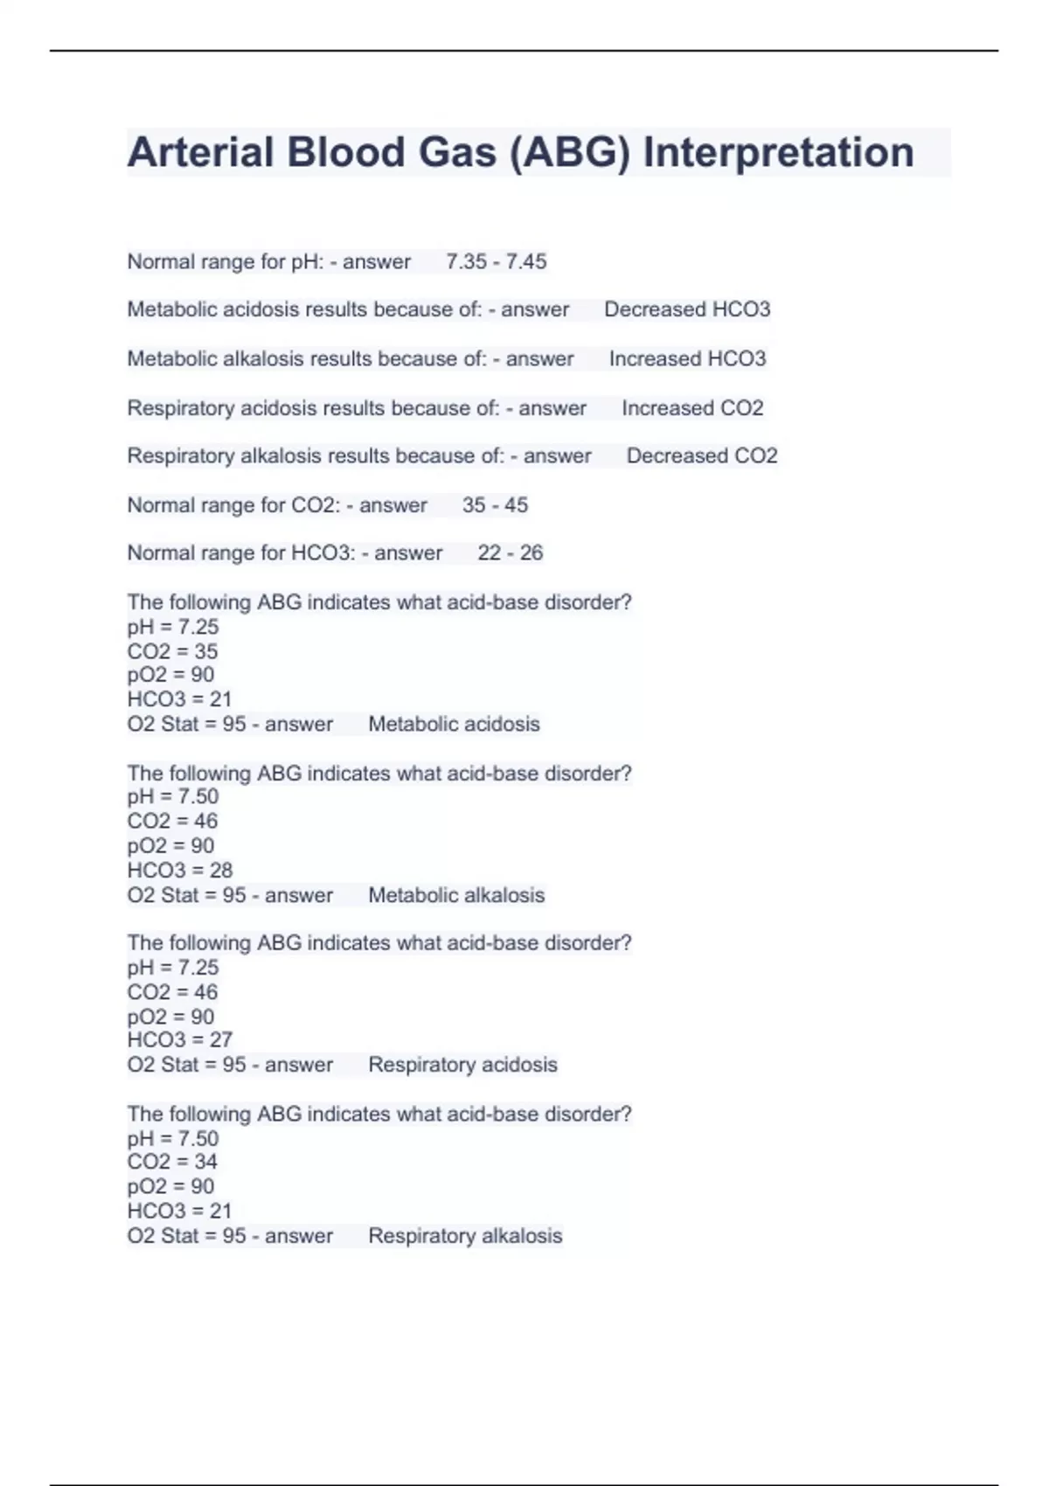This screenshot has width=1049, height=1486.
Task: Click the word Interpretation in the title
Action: pos(778,153)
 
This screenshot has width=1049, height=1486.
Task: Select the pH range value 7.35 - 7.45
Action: pos(496,261)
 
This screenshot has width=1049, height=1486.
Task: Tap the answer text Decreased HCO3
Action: pos(687,309)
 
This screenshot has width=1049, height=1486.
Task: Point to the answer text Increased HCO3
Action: pos(687,358)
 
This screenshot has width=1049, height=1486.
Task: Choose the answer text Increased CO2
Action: pos(692,408)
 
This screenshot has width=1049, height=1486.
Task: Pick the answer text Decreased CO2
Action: pos(701,456)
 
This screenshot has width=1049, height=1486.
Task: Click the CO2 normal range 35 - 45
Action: pos(495,505)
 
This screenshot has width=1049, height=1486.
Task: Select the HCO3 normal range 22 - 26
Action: pos(510,553)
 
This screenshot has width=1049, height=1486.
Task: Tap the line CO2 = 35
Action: pos(172,651)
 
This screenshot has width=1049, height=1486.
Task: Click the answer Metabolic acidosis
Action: pos(454,724)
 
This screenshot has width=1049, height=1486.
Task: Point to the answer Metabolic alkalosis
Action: pos(456,895)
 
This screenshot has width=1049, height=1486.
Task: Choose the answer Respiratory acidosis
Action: pos(462,1065)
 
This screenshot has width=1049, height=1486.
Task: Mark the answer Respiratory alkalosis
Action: pos(465,1236)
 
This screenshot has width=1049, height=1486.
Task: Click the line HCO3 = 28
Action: pos(179,870)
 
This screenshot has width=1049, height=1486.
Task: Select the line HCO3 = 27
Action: pos(179,1040)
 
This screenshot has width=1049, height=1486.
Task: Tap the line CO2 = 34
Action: pos(172,1162)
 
